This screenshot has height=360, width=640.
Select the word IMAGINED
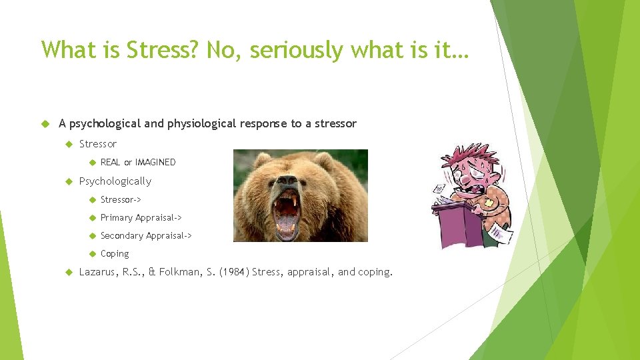coord(155,162)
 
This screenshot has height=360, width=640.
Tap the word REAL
coord(111,162)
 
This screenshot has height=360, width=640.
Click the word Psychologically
coord(115,181)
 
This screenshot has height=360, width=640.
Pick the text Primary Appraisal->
coord(141,217)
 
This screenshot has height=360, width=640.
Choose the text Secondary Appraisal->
coord(146,235)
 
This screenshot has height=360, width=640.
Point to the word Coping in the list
coord(115,254)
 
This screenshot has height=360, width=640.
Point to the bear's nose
coord(288,182)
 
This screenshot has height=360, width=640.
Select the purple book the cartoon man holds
coord(457,223)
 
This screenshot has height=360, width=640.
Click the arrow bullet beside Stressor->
coord(91,199)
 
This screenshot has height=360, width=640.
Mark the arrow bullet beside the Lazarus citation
coord(69,272)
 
